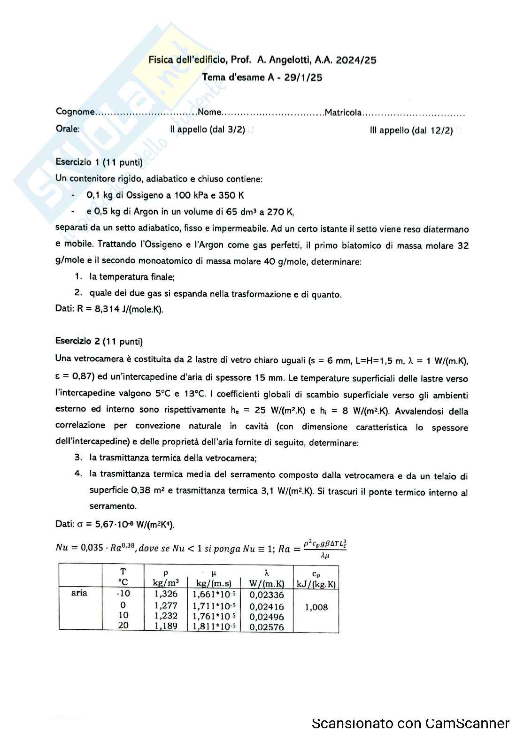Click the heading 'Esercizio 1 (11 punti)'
click(99, 162)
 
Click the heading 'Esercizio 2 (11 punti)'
click(99, 342)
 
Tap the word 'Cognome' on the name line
click(75, 112)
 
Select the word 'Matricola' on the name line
click(343, 113)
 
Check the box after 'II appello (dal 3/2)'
click(251, 130)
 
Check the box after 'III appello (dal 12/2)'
click(459, 131)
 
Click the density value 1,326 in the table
click(166, 594)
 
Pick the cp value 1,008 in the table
click(316, 607)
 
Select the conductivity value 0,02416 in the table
click(266, 606)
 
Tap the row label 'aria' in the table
click(79, 593)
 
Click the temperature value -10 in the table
click(123, 594)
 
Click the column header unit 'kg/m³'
click(166, 583)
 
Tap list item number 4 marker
click(78, 474)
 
